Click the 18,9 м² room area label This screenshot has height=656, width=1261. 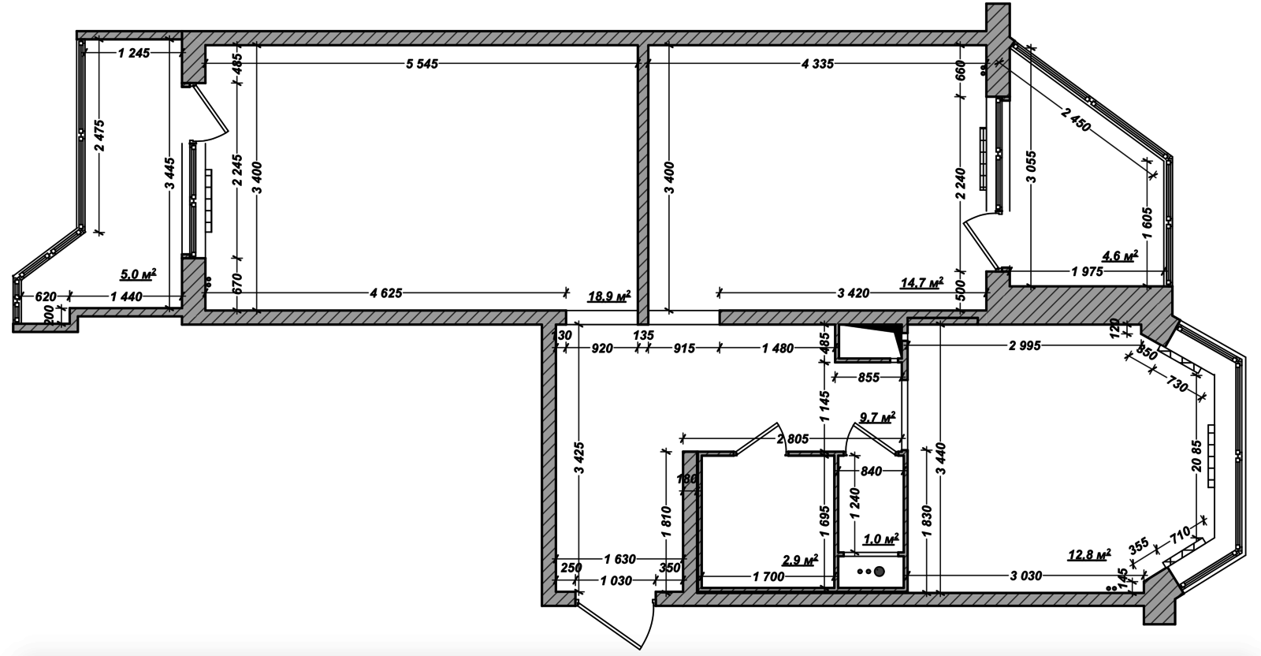[x=609, y=296]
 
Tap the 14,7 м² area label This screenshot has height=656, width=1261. [x=921, y=283]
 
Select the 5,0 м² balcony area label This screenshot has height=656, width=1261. [x=138, y=274]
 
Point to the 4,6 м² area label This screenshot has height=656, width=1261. [x=1120, y=255]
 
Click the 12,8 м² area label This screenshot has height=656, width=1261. [x=1089, y=554]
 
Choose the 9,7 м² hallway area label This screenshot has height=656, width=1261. [x=878, y=417]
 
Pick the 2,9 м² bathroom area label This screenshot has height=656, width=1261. [x=800, y=560]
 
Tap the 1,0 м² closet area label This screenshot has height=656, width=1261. [x=881, y=539]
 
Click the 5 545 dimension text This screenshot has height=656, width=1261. [x=422, y=64]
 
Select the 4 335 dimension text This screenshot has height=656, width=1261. [x=817, y=64]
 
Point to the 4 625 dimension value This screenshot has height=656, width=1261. [x=385, y=293]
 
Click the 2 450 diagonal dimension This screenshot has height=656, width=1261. [x=1075, y=119]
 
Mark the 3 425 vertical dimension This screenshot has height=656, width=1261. [x=580, y=459]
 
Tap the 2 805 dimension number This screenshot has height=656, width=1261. [x=793, y=438]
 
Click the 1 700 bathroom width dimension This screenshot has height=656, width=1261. [x=768, y=576]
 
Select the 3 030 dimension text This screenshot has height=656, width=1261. [x=1025, y=576]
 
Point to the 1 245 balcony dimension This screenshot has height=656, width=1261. [x=134, y=53]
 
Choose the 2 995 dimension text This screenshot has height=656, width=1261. [x=1025, y=345]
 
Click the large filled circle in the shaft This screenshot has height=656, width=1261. [x=879, y=572]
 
